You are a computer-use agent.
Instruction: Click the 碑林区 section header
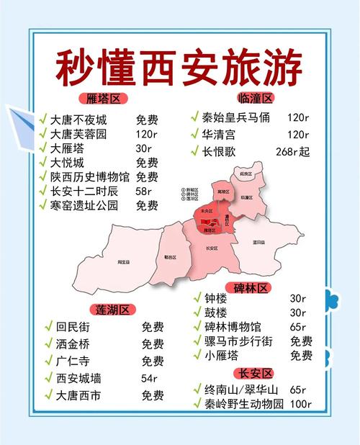[251, 288]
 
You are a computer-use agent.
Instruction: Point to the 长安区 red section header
[256, 373]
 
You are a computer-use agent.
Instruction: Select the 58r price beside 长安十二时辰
[144, 191]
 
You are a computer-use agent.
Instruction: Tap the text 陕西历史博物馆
[90, 176]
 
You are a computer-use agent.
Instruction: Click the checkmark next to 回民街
[49, 326]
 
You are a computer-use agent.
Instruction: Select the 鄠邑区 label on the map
[169, 256]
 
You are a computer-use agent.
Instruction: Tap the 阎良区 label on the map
[246, 174]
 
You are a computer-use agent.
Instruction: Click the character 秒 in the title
[74, 68]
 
